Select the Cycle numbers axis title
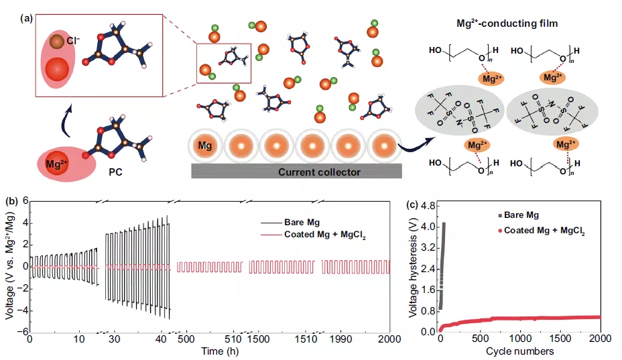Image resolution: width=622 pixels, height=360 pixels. pos(519,351)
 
